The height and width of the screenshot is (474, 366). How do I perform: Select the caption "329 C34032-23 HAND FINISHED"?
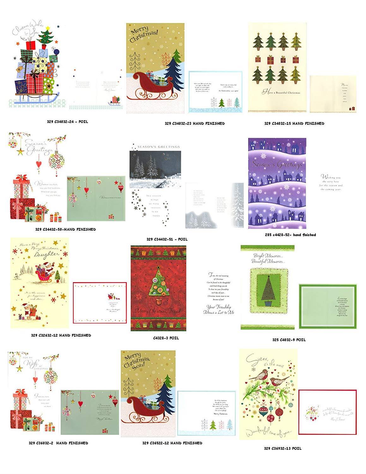point(195,123)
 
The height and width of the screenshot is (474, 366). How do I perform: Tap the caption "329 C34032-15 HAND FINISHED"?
point(294,123)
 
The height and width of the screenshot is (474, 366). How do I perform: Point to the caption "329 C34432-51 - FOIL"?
point(167,239)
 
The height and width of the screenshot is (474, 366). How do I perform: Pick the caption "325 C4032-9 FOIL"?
point(289,340)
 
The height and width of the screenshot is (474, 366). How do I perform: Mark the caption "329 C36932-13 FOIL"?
point(283,448)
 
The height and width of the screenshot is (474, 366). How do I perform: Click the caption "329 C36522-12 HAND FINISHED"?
point(172,443)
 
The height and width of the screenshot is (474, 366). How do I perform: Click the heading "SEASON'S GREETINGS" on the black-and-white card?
point(159,147)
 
